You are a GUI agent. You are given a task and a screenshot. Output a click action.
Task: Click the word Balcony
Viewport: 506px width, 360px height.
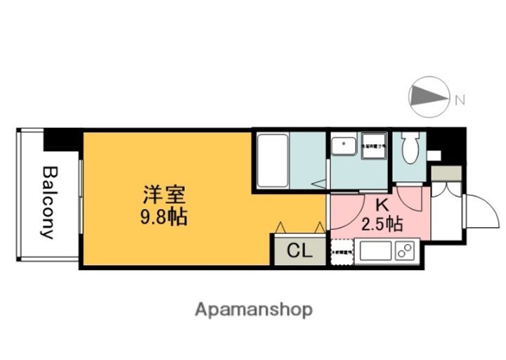pyautogui.click(x=48, y=202)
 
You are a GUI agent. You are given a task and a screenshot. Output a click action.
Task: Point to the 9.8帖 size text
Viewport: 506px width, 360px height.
pyautogui.click(x=163, y=217)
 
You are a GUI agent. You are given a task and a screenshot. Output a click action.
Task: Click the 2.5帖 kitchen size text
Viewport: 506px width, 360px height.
pyautogui.click(x=382, y=225)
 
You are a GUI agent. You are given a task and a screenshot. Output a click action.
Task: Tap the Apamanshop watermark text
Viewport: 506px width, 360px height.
pyautogui.click(x=254, y=309)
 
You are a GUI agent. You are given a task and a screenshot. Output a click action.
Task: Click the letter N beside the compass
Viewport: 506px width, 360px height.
pyautogui.click(x=460, y=100)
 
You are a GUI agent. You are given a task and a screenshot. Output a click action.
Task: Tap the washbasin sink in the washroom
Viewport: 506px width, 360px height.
pyautogui.click(x=345, y=147)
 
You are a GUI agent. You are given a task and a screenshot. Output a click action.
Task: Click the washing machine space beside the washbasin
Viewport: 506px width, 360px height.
pyautogui.click(x=372, y=148)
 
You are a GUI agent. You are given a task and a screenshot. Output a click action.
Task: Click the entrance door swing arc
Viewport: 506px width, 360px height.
pyautogui.click(x=479, y=211)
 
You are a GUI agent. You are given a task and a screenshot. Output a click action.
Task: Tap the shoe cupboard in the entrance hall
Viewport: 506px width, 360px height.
pyautogui.click(x=446, y=173)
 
